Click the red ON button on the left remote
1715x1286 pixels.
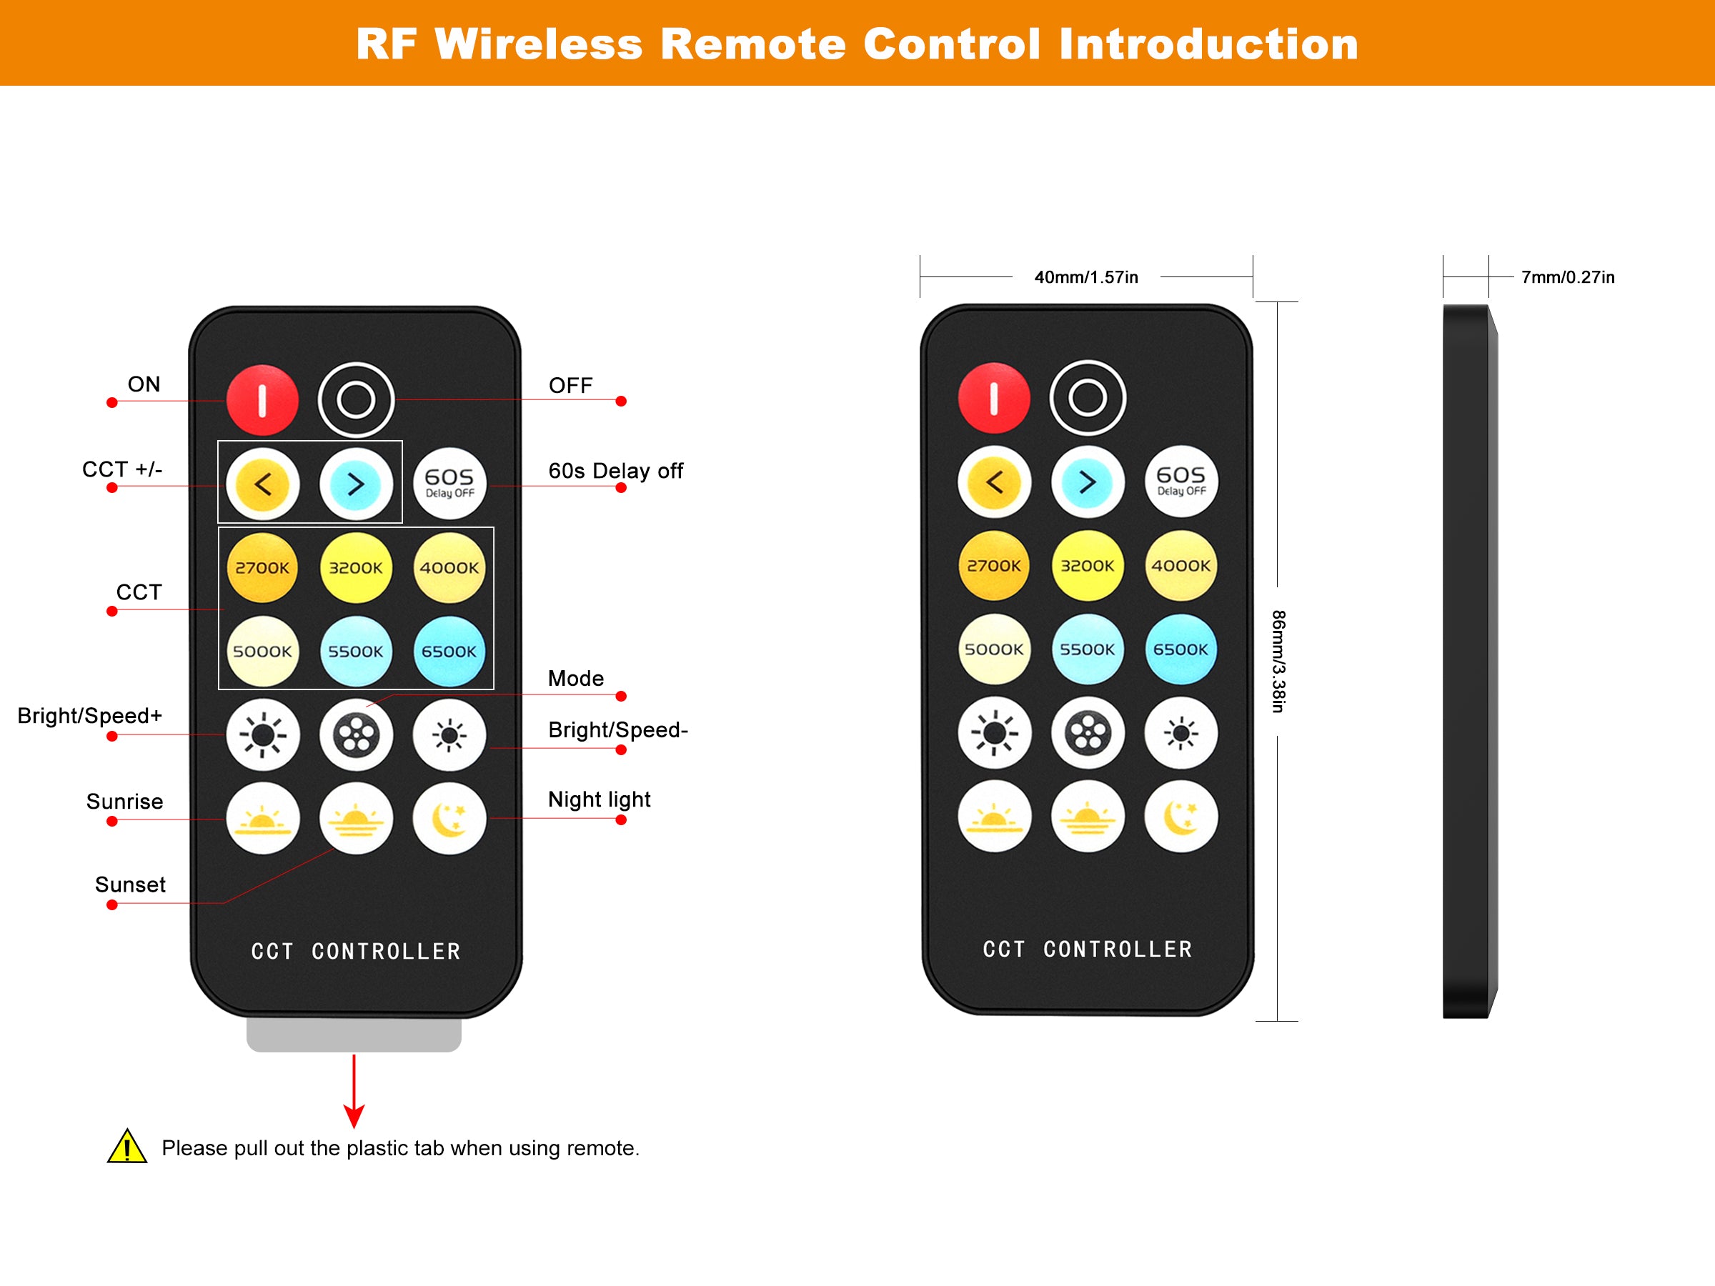[262, 400]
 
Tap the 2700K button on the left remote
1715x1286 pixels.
[262, 567]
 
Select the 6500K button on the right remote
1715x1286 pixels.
[1180, 649]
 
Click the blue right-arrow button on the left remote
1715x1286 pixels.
[356, 484]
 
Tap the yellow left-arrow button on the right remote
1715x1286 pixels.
[994, 482]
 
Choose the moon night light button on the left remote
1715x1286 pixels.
[449, 819]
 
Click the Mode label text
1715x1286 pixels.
[575, 678]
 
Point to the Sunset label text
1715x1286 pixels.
[130, 884]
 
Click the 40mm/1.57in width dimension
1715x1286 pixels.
[1085, 276]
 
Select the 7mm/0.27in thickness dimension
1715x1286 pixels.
[1567, 276]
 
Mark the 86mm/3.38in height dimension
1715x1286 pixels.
[1278, 661]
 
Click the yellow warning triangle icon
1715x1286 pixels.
[127, 1147]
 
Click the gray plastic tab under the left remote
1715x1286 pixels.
[354, 1035]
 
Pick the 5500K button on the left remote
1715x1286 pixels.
[356, 651]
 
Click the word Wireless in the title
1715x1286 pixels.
[538, 44]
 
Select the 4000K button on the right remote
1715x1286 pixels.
[1180, 565]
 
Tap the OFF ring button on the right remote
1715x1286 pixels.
[1087, 398]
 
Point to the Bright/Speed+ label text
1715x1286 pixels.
[90, 715]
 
